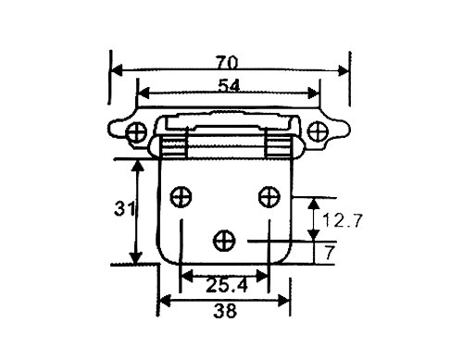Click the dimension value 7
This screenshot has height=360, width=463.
330,251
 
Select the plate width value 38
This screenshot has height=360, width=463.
224,312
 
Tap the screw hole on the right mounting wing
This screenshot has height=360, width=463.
318,131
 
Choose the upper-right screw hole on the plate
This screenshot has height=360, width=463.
268,195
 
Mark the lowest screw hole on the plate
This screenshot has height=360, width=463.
224,240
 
